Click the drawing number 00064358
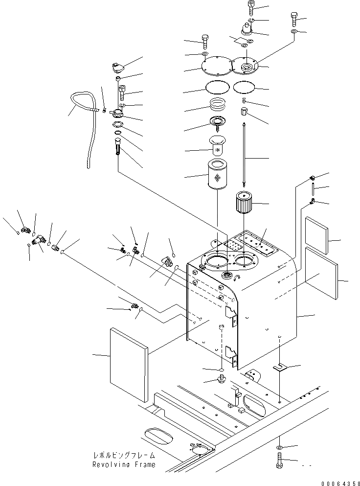click(334, 482)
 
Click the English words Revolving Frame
click(124, 464)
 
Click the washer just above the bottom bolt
click(279, 447)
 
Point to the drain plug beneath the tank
click(221, 380)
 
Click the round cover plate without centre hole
click(217, 66)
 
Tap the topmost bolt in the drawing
click(251, 7)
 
